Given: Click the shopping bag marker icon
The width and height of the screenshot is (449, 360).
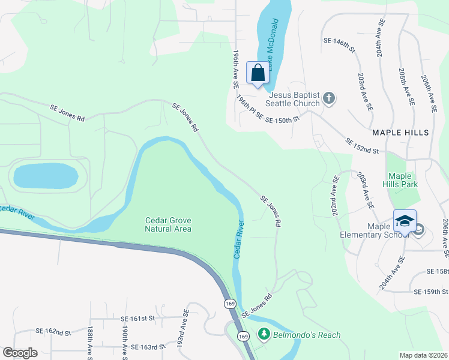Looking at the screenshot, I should [258, 73].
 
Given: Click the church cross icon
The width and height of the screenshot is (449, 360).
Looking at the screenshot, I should [328, 98].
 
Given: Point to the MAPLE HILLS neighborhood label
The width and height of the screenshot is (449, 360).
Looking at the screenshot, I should [400, 132].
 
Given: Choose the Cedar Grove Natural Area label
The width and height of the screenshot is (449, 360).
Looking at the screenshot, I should [168, 224].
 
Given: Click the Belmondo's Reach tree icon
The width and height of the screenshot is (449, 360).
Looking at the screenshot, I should [263, 334].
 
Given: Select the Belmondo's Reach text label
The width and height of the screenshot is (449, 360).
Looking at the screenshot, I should [307, 335].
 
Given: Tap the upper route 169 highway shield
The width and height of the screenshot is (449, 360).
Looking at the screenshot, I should [231, 304].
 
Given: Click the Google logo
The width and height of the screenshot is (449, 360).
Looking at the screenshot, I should [20, 353].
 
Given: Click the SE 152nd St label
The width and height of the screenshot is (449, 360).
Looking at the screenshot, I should [361, 145].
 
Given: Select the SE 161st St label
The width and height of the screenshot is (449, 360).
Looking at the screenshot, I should [137, 319].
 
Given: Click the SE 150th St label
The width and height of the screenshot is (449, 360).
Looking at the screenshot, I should [282, 119].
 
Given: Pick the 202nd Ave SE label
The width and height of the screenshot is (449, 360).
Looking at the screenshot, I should [336, 196].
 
